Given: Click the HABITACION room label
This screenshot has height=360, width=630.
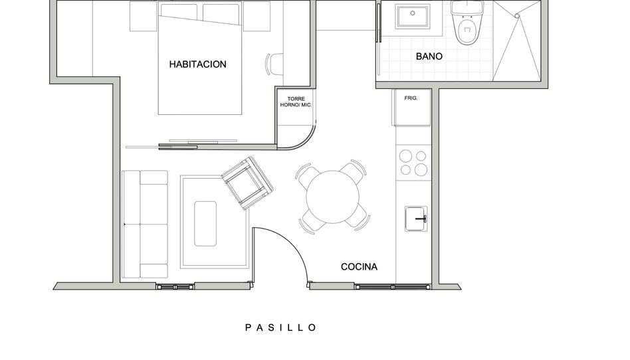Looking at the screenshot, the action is tap(197, 64).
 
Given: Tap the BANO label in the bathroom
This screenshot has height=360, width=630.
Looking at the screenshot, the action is tap(429, 56).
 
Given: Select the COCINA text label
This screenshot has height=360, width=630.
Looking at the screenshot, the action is tap(360, 267).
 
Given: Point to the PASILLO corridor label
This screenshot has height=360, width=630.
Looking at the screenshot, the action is tap(281, 327).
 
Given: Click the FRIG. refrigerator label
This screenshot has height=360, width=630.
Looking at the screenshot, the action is tap(411, 98).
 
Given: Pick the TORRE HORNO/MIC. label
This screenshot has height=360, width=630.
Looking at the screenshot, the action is tap(296, 102).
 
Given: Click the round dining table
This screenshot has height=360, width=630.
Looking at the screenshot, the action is tap(333, 197).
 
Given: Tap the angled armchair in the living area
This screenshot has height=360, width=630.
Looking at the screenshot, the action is tap(247, 183).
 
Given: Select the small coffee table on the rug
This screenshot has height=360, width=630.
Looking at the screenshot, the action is tap(205, 224).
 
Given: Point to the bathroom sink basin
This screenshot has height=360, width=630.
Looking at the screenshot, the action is tap(413, 17).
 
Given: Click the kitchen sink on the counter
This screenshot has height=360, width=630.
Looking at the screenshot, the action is tap(416, 219).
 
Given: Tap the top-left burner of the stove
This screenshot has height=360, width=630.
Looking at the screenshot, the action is tap(406, 155).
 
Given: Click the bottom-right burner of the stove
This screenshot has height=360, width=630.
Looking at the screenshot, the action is tap(421, 169).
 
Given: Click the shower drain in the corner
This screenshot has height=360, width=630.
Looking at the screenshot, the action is tap(517, 16).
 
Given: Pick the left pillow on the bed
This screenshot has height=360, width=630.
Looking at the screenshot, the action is tap(179, 12).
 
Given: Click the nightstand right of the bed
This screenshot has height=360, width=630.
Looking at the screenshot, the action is tap(257, 16).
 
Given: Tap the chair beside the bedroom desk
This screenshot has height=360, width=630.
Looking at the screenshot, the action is tap(274, 64).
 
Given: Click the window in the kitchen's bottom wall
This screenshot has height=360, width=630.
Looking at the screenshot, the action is tap(392, 286).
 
